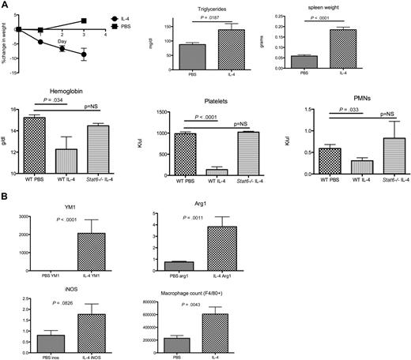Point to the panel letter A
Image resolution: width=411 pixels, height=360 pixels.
[6, 6]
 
